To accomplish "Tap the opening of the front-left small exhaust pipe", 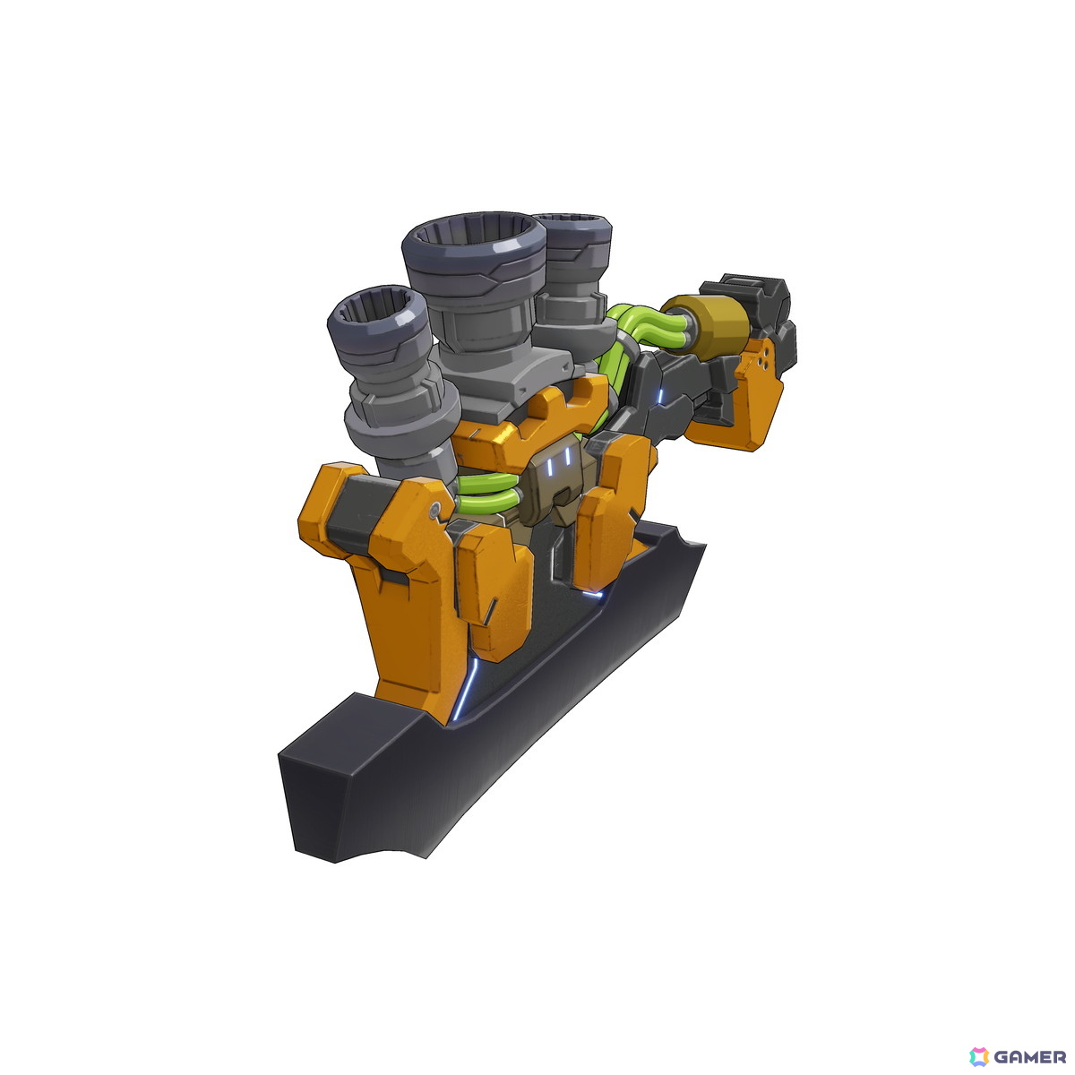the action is (x=376, y=305).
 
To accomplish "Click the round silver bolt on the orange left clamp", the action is (x=435, y=508).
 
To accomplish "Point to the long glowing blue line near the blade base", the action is (x=466, y=687).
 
